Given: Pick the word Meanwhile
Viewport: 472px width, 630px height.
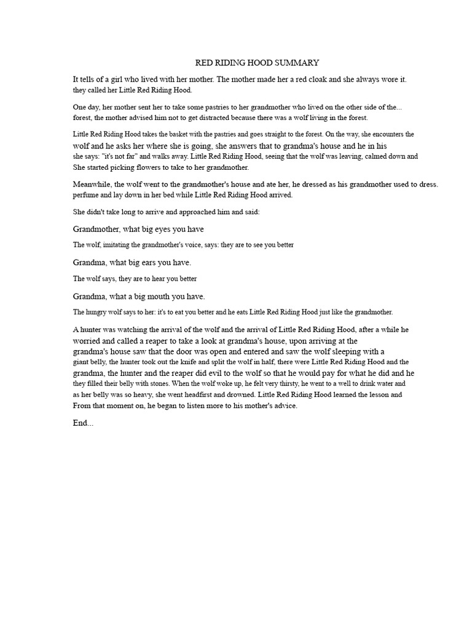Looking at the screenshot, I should pyautogui.click(x=92, y=185).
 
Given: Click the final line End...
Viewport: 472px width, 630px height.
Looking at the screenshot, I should pyautogui.click(x=83, y=424).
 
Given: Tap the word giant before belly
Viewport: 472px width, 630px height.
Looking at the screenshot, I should pyautogui.click(x=83, y=362).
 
